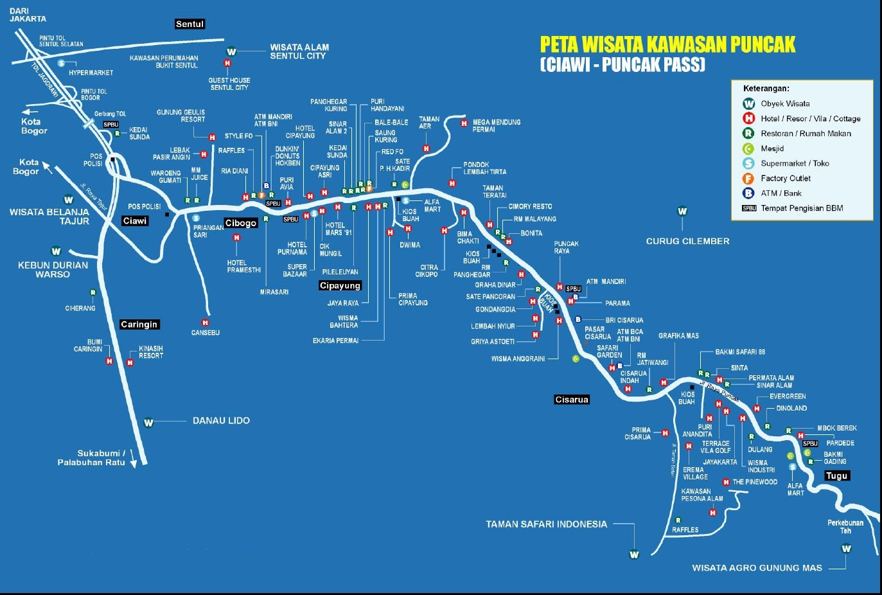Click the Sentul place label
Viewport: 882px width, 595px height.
(190, 24)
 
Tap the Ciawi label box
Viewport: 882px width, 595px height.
(135, 221)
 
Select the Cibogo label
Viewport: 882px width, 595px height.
(241, 224)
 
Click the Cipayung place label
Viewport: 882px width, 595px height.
(340, 286)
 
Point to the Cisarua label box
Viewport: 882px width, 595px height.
(572, 400)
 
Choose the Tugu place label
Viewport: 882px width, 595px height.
(837, 476)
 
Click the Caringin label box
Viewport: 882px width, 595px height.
(139, 325)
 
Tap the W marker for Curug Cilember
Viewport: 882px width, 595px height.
(682, 211)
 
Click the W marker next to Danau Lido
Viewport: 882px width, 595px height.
(148, 423)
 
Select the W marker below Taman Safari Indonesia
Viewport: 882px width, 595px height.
(634, 555)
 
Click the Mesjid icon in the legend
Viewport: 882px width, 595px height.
(748, 148)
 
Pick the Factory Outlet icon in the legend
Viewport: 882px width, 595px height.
(748, 179)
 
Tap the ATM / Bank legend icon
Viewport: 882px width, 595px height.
(748, 193)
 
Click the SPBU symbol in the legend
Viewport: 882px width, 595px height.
(749, 208)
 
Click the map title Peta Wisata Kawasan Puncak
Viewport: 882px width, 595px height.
(667, 44)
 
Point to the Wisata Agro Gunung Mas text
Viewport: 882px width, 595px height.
(757, 568)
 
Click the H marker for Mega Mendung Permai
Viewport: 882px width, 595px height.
(464, 123)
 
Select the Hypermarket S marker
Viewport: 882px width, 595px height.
(61, 63)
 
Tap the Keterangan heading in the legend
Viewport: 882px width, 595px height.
(766, 89)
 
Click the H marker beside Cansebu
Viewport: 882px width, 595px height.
(205, 323)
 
